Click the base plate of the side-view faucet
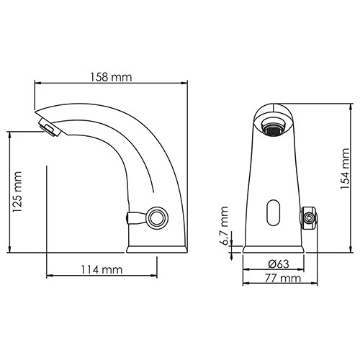pyautogui.click(x=156, y=249)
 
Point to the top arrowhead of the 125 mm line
pyautogui.click(x=10, y=132)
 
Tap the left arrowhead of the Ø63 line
pyautogui.click(x=246, y=270)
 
